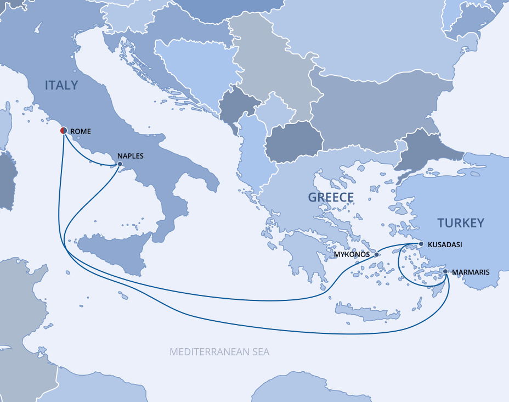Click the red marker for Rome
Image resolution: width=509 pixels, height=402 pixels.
[63, 131]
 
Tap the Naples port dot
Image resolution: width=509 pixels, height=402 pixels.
[120, 164]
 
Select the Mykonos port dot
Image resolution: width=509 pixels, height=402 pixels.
[376, 254]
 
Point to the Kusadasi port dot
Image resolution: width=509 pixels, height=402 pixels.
[421, 243]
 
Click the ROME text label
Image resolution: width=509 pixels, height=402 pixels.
[81, 132]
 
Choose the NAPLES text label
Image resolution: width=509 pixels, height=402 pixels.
[131, 156]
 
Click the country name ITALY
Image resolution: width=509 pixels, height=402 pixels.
[61, 86]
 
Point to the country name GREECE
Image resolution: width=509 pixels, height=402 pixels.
[331, 198]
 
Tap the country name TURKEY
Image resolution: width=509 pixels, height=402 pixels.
[461, 223]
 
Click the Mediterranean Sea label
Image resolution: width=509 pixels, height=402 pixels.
[219, 352]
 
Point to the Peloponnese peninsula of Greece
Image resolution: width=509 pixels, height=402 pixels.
[299, 253]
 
